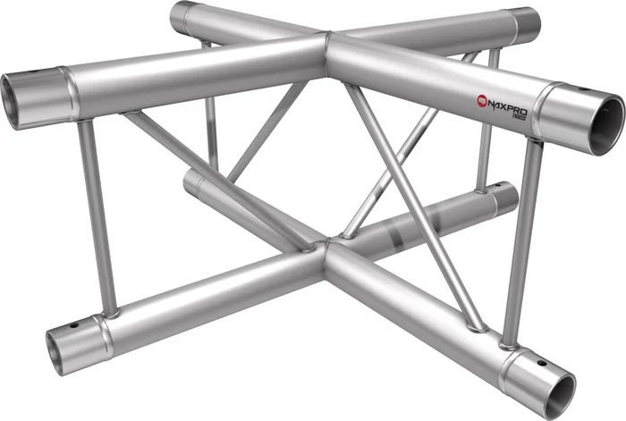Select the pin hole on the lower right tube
[x=540, y=363]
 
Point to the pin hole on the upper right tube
[x=584, y=88]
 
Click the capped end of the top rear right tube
[x=529, y=19]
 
